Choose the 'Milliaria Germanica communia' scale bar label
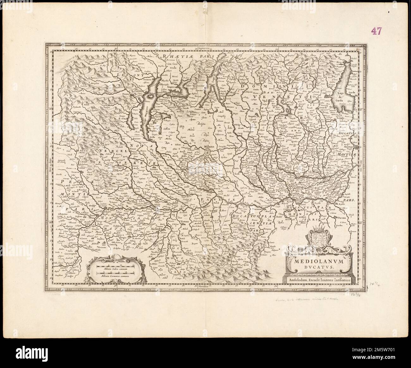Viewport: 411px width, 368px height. point(116,276)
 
